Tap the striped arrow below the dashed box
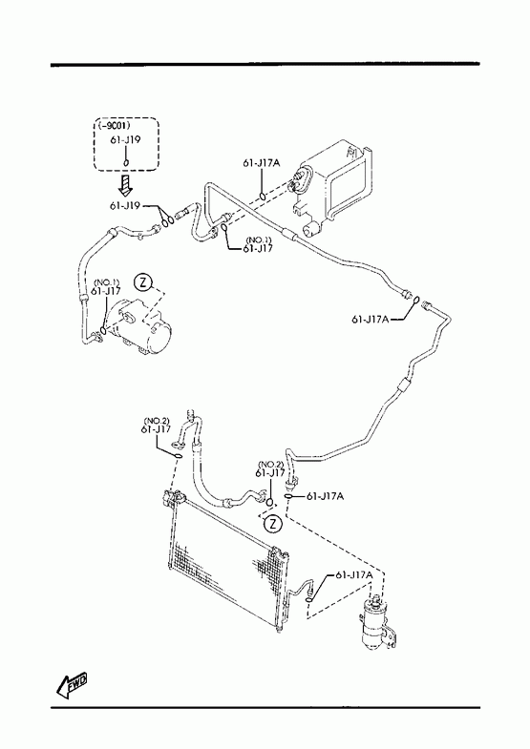pos(126,185)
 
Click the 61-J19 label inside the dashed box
pos(125,140)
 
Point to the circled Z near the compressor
pos(142,282)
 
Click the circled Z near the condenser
pos(273,524)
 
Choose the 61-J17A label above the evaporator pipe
pos(262,163)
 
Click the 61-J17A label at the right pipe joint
pos(370,320)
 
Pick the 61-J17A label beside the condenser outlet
pos(354,575)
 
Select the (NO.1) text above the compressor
pos(106,282)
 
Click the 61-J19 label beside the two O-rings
pos(125,206)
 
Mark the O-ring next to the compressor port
pos(103,330)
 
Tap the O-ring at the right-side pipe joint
pos(415,301)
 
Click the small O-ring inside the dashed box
pos(126,162)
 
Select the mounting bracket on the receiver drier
pos(392,636)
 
